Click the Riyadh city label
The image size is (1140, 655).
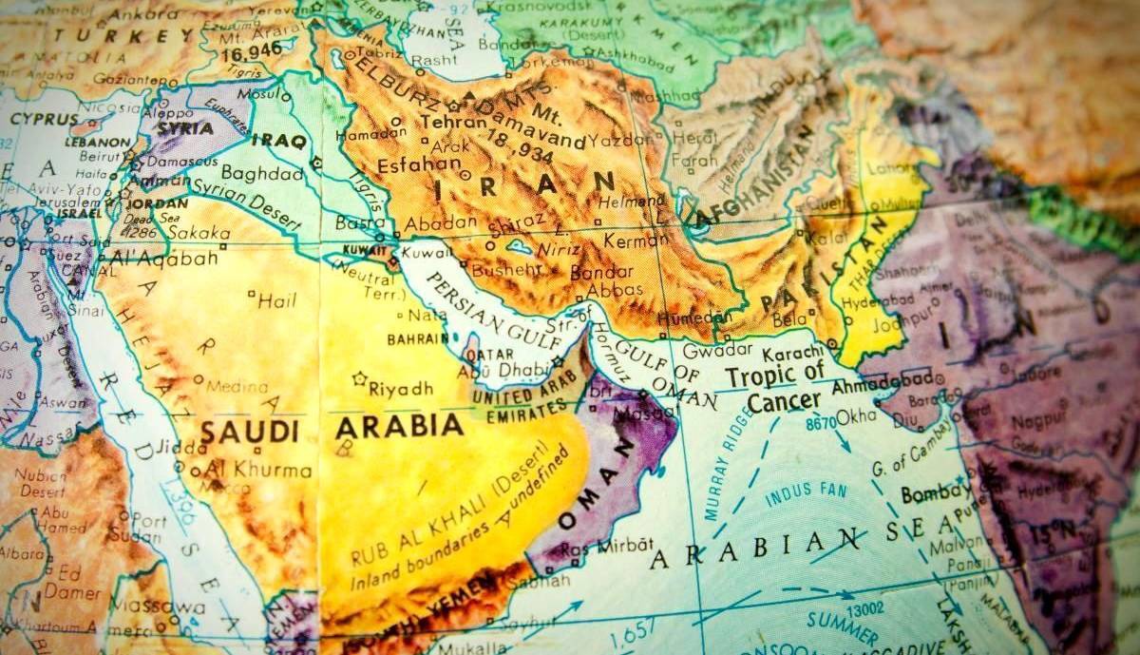[400, 388]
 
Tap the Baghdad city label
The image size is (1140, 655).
[261, 174]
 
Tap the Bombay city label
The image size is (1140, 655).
[935, 494]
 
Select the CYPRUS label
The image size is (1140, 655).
[45, 120]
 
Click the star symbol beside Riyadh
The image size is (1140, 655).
[359, 378]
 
